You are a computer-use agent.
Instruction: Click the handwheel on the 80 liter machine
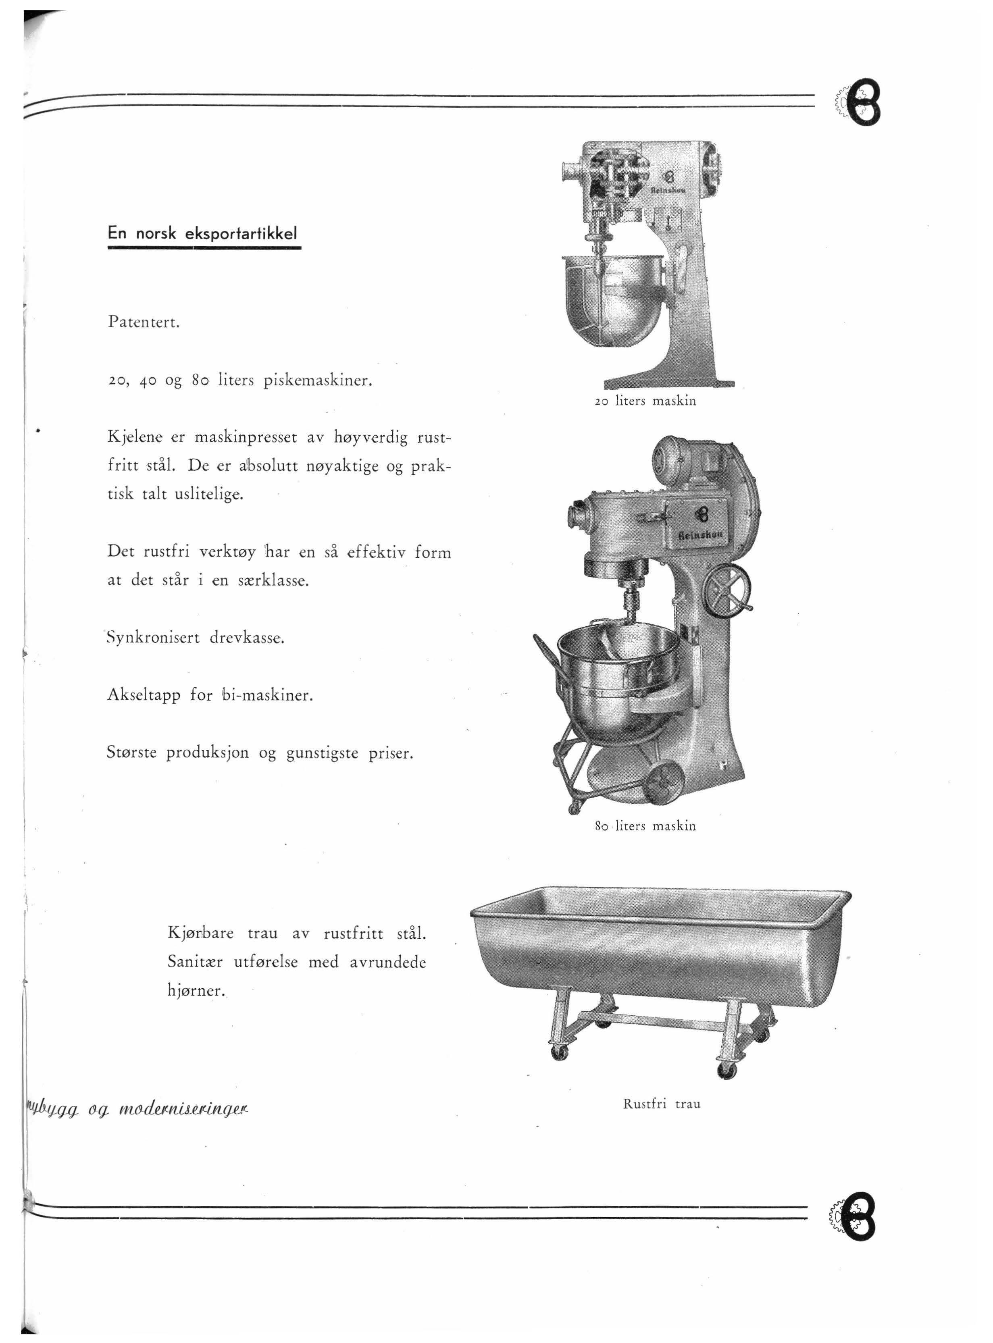coord(729,591)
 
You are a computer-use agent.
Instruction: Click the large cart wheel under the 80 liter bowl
coord(665,782)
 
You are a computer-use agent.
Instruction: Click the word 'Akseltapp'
coord(143,695)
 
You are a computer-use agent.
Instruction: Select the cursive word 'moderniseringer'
coord(184,1108)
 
